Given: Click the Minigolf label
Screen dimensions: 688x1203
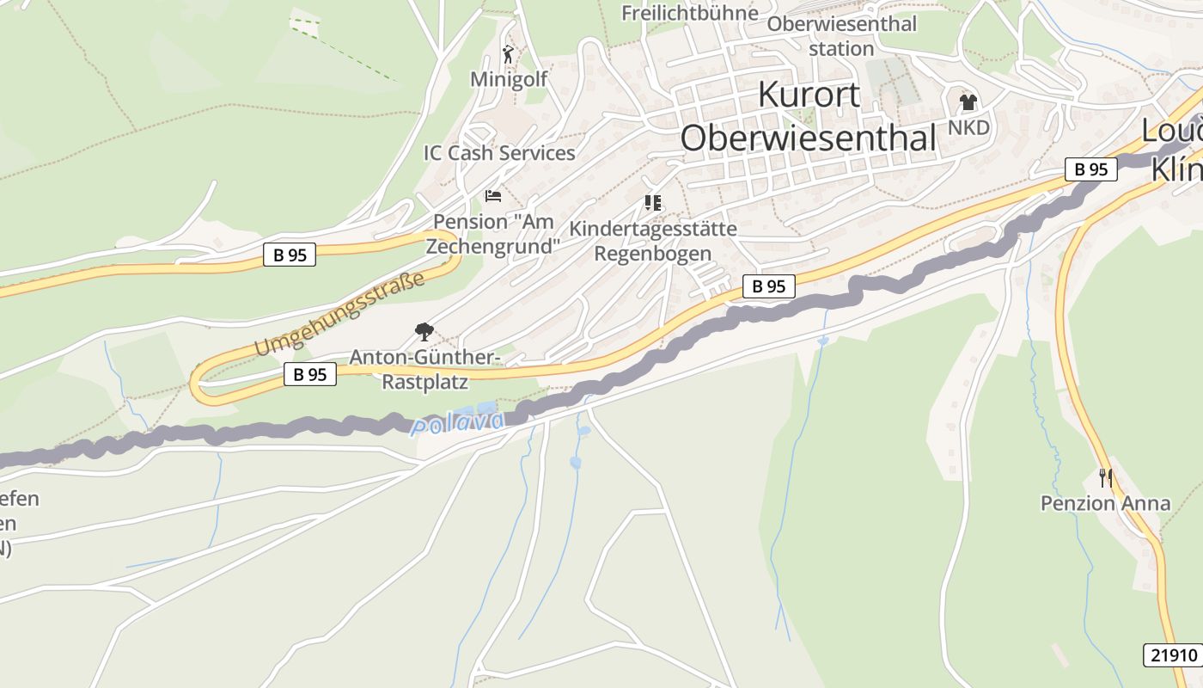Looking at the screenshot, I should coord(509,79).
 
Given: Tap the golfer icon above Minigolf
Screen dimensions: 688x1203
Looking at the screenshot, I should coord(509,54).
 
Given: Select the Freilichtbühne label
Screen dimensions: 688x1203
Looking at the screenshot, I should coord(690,13).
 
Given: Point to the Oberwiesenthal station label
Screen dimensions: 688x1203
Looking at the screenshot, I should coord(841,36).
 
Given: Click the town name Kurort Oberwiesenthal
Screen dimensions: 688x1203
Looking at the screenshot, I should coord(808,115).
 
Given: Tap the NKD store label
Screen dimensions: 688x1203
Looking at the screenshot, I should coord(968,128).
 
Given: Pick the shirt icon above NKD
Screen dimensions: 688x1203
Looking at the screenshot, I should coord(968,103).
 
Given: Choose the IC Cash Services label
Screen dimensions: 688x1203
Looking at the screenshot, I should coord(499,153).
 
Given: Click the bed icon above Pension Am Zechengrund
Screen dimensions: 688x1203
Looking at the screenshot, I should coord(493,196).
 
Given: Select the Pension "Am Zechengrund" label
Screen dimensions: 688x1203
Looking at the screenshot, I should coord(496,233).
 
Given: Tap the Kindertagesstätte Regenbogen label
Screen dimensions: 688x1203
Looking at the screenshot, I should coord(653,241).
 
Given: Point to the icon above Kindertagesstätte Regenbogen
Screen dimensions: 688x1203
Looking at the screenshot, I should coord(653,203).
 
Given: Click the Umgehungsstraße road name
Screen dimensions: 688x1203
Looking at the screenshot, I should coord(340,314).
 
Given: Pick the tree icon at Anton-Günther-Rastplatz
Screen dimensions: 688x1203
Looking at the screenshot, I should coord(424,331).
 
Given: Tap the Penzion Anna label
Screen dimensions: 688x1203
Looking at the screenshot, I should coord(1105,503).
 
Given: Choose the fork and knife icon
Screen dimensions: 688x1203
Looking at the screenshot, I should coord(1106,477).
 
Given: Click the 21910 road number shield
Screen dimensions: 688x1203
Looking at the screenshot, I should coord(1171,654).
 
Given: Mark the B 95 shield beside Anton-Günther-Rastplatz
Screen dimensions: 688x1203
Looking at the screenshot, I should coord(309,374).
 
